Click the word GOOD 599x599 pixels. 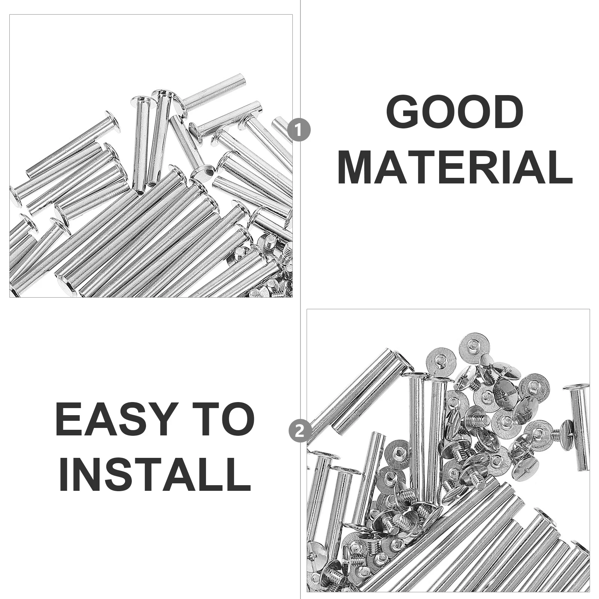(454, 112)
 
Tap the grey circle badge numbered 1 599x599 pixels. (299, 131)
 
